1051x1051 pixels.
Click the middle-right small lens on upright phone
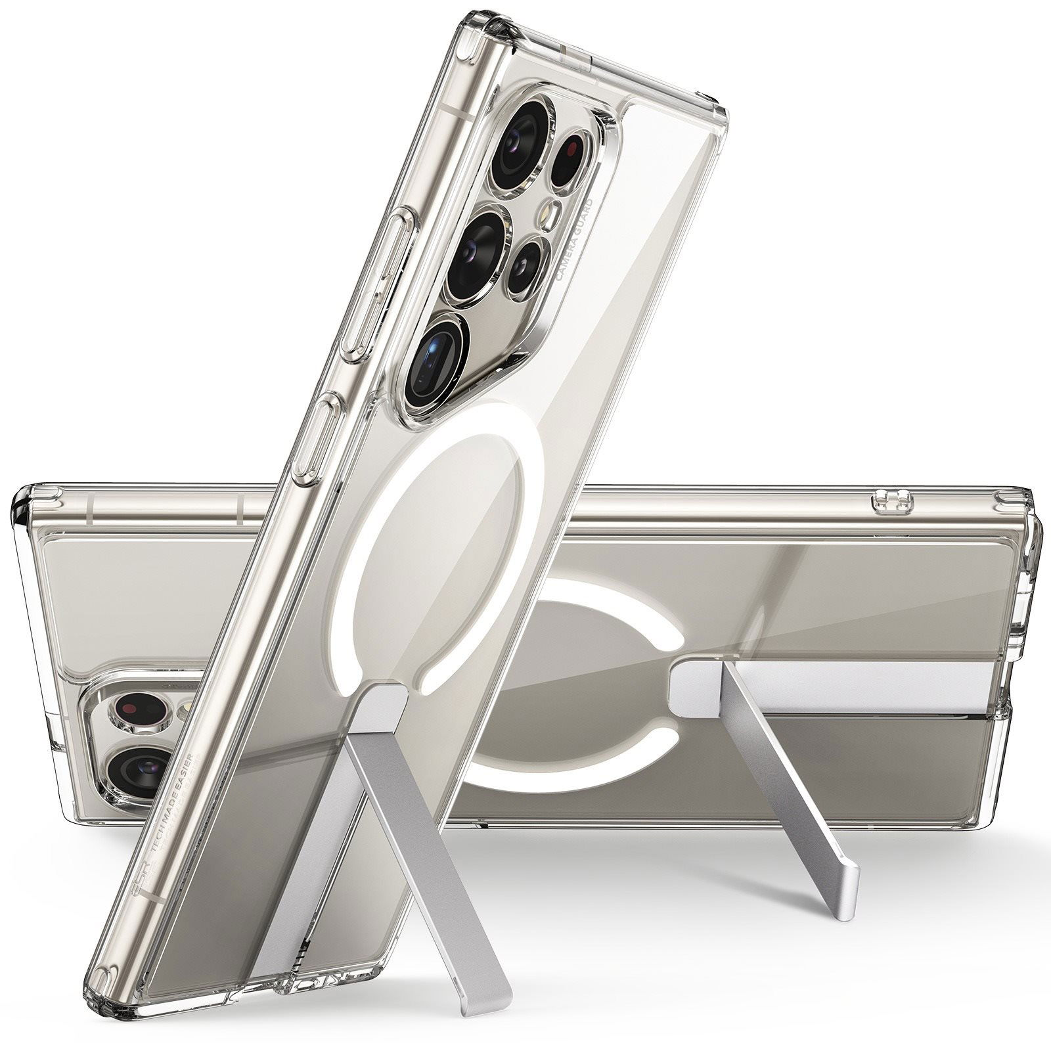[x=527, y=266]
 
